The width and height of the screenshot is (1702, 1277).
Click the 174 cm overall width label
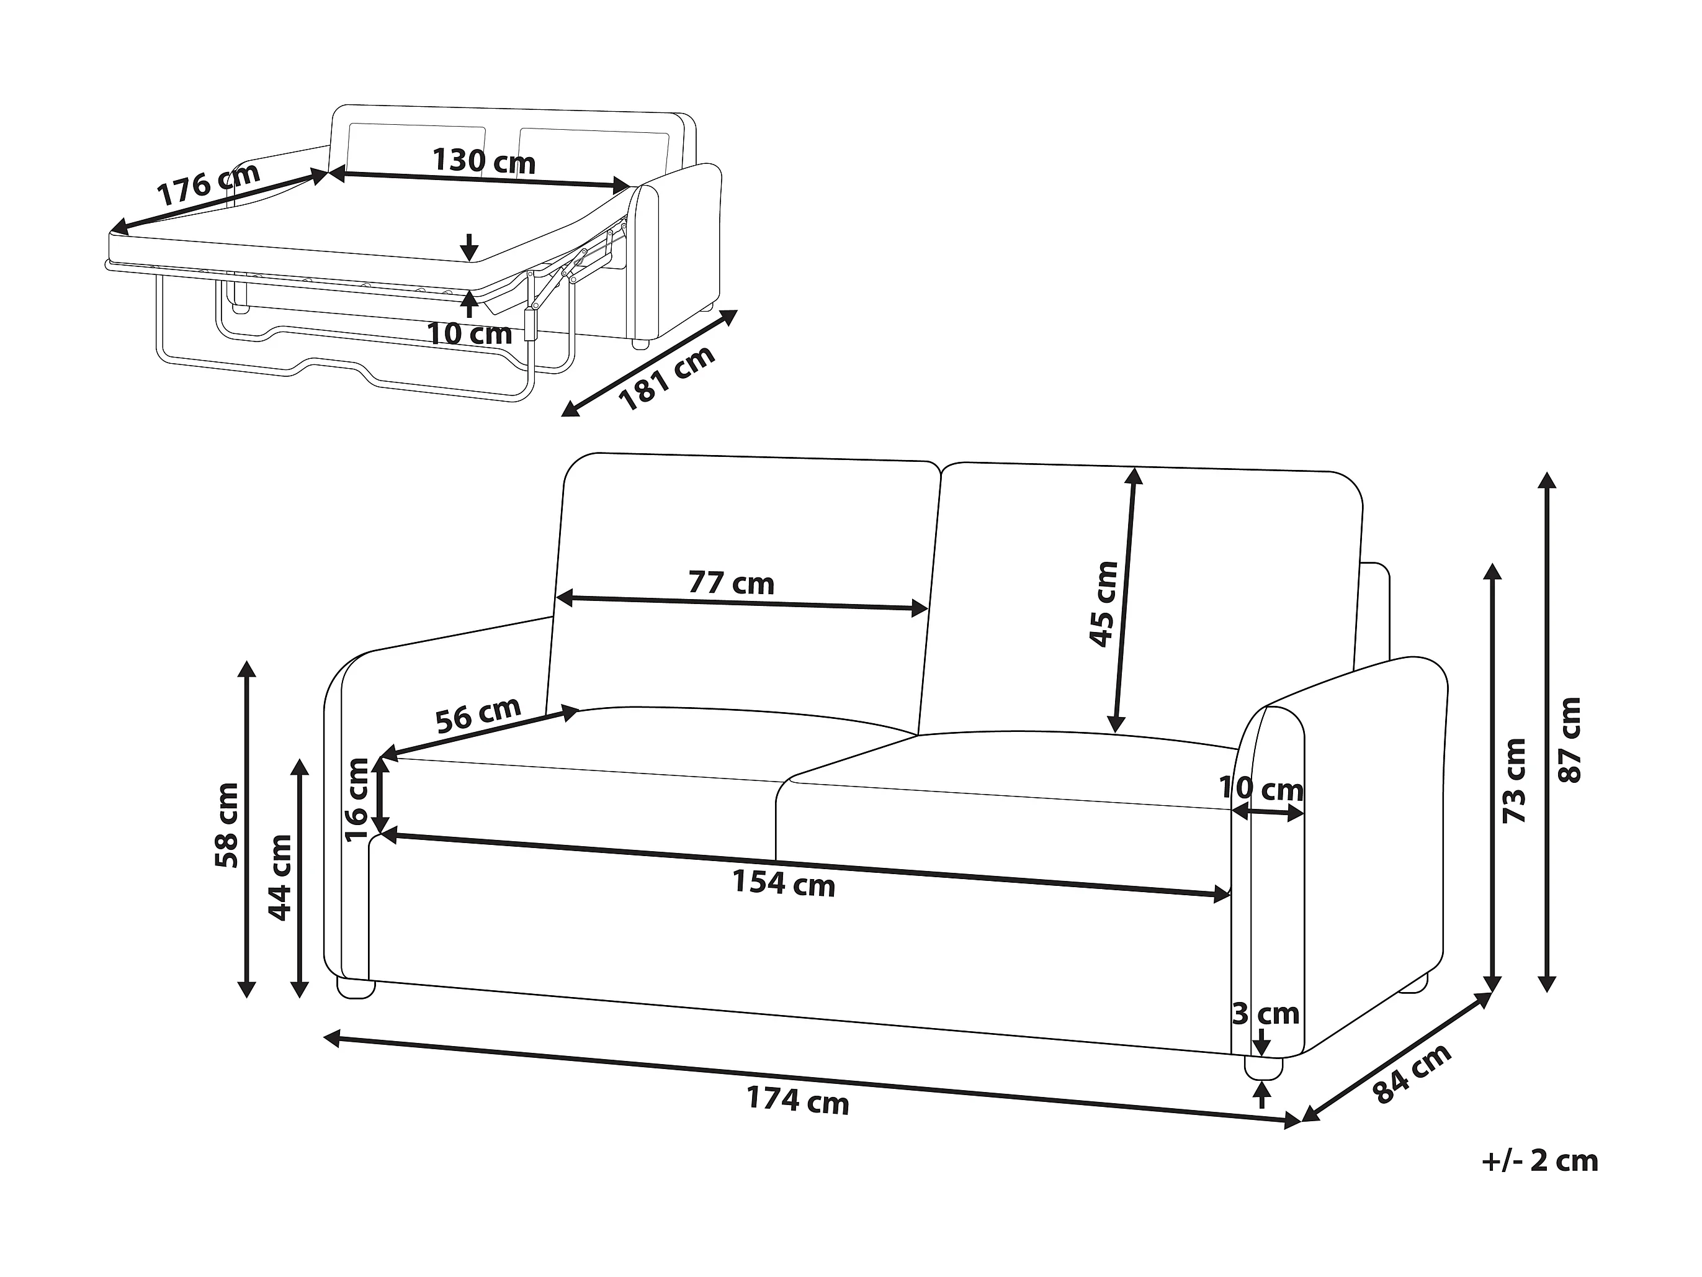tap(797, 1100)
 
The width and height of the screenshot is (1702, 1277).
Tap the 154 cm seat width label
tap(782, 883)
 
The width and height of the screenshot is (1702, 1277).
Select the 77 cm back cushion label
tap(730, 584)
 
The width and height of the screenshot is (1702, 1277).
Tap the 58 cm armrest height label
tap(227, 825)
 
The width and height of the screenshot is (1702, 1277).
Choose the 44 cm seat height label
tap(280, 877)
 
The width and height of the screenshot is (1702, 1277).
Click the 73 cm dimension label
tap(1514, 780)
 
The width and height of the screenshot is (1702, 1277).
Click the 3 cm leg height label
tap(1266, 1014)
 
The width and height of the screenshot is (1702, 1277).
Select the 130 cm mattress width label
tap(483, 161)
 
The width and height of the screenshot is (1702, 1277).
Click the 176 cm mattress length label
tap(208, 184)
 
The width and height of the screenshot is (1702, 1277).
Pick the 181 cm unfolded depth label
tap(666, 378)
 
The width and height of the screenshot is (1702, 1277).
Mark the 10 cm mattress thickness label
tap(468, 333)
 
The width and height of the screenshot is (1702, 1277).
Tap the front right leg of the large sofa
tap(1264, 1068)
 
